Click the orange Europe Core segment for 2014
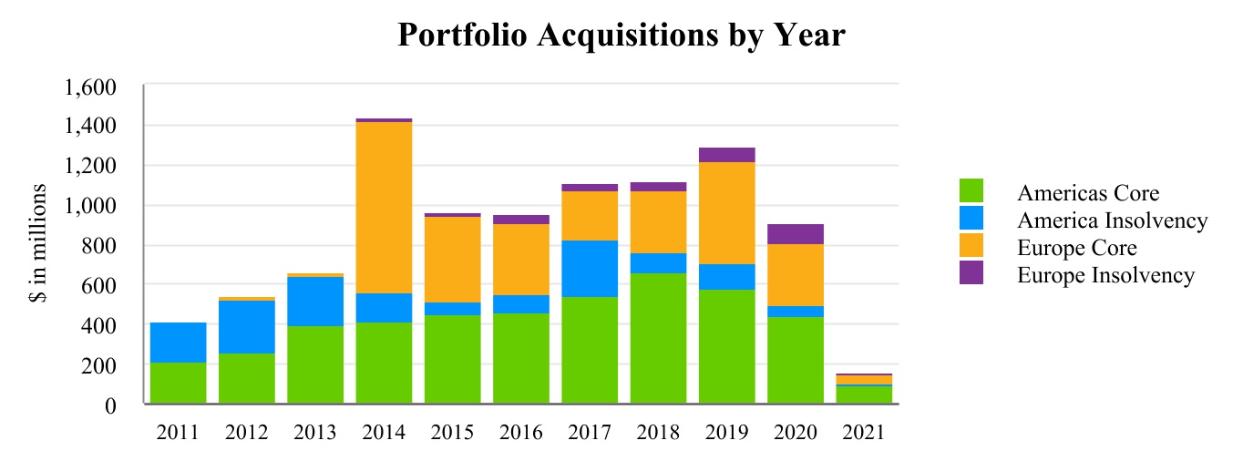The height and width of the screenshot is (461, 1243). pos(384,208)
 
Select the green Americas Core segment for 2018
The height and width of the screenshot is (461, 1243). pos(658,338)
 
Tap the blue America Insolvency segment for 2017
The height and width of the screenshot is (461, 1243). pos(590,269)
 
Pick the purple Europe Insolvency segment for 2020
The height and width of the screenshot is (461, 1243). pos(796,234)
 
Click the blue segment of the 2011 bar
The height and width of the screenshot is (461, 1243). pos(178,343)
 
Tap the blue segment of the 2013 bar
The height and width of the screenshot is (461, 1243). pos(315,302)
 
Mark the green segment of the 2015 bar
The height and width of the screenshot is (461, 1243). pos(453,359)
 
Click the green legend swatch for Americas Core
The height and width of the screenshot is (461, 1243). pos(971,191)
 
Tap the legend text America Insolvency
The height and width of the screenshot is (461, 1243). pos(1112,220)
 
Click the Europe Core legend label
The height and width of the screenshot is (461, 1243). pos(1076,248)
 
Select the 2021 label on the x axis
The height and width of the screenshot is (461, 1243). pos(864,432)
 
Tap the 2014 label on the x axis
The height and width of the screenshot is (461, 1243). pos(384,432)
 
